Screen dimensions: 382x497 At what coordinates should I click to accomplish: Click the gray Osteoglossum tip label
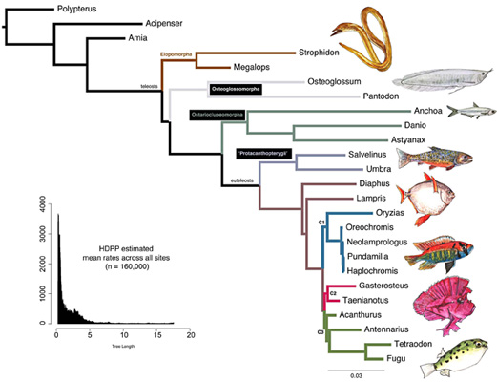pos(339,82)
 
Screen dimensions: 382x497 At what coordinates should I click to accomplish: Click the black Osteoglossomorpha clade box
pos(236,90)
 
